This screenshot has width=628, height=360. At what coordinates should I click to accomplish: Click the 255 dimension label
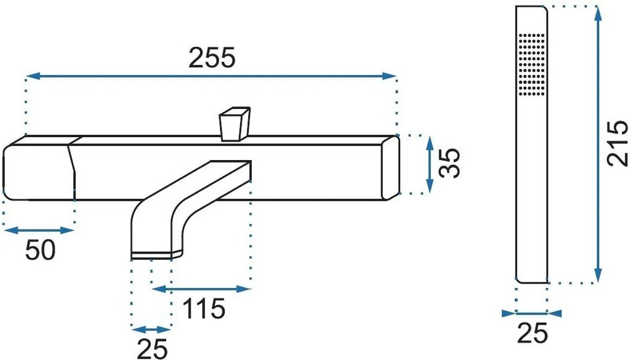click(212, 58)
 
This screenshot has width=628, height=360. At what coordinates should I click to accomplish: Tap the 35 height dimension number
click(449, 162)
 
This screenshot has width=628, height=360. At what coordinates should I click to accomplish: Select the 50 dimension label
click(40, 250)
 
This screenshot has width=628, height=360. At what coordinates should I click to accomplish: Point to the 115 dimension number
click(203, 309)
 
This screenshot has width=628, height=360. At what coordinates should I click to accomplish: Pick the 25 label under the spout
click(152, 349)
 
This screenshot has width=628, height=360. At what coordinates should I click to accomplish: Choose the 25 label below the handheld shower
click(533, 333)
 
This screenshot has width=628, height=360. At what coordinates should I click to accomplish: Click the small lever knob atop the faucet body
click(235, 124)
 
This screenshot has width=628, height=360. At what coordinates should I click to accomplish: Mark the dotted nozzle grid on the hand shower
click(532, 65)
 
